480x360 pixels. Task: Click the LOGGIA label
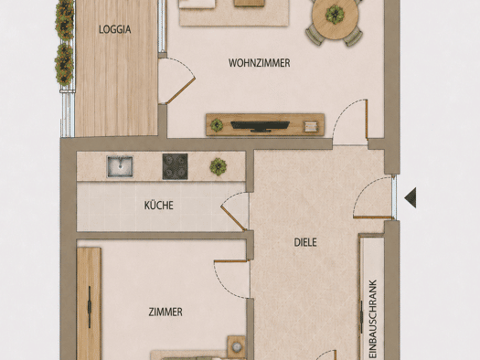tap(115, 29)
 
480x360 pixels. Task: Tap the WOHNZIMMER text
tap(260, 63)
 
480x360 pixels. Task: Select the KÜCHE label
tap(159, 206)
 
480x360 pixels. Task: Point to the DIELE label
tap(305, 242)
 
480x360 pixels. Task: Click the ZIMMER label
tap(165, 312)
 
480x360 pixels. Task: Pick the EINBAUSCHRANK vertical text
tap(372, 319)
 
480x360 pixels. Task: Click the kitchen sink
tap(120, 166)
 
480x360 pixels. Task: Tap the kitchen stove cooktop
tap(175, 166)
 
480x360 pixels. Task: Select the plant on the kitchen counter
tap(219, 166)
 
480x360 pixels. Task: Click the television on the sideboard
tap(260, 126)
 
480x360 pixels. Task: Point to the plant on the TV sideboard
tap(217, 125)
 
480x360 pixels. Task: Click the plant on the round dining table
tap(335, 15)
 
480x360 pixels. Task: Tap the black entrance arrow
tap(411, 198)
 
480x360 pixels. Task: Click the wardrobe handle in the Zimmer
tap(90, 307)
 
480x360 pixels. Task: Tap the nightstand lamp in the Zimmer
tap(236, 347)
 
